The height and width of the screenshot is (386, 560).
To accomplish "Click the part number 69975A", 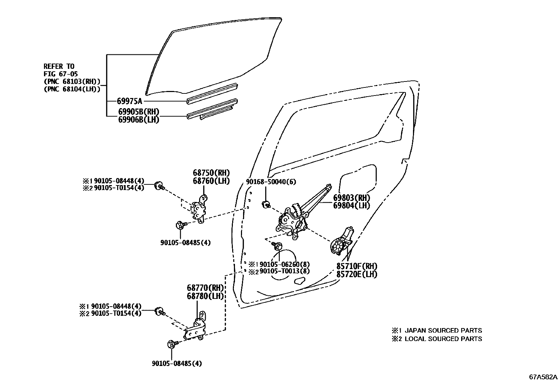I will point(130,102).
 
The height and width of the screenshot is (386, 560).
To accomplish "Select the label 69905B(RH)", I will point(139,112).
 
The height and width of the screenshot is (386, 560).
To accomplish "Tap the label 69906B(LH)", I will point(139,120).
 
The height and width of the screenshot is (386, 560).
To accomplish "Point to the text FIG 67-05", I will point(61,74).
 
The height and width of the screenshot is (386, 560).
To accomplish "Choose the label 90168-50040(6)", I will point(271,182).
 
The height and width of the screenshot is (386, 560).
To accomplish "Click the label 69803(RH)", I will point(352,197).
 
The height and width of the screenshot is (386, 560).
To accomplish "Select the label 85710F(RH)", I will point(357,266).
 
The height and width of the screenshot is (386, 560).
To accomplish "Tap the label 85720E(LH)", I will point(357,274).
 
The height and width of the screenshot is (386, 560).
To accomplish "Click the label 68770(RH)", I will point(205,288).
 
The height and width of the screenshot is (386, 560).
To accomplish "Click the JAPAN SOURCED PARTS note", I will point(443,331).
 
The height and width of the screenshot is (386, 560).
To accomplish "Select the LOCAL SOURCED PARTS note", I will point(443,339).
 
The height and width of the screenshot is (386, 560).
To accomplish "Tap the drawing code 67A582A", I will point(543,377).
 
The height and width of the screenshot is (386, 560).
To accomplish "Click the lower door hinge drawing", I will point(197,328).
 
